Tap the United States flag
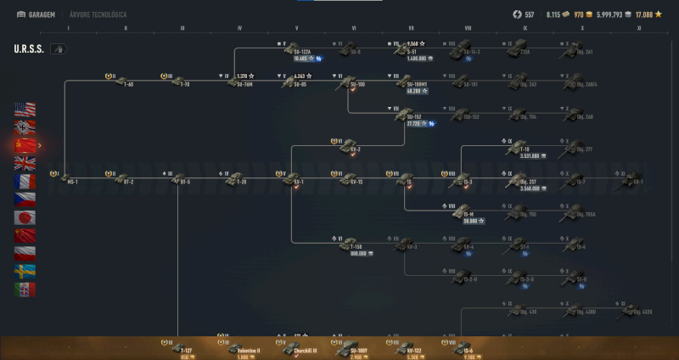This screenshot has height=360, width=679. (25, 109)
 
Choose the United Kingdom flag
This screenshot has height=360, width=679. (25, 163)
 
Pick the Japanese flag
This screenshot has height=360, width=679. (25, 217)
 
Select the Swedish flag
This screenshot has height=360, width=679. (25, 271)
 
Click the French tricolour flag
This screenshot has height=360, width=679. (25, 181)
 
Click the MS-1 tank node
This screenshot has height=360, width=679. (69, 177)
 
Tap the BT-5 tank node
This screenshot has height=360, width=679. (181, 177)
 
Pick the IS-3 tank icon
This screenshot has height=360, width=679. (466, 177)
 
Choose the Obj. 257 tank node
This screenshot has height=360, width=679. (523, 180)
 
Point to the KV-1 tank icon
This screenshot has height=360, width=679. (296, 177)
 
